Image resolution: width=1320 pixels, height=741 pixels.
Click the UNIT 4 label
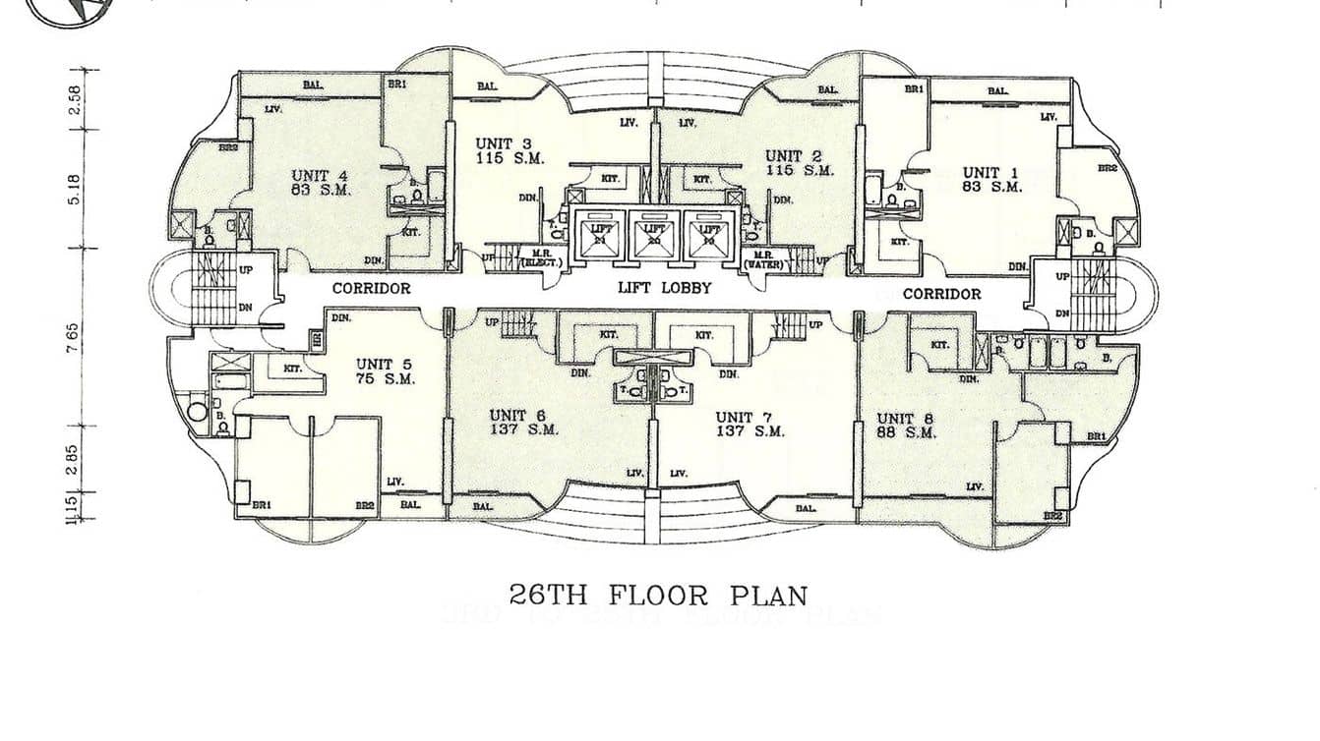pyautogui.click(x=321, y=176)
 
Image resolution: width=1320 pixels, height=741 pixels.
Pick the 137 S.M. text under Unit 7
pyautogui.click(x=750, y=431)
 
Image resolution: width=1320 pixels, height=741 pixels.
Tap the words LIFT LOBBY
pyautogui.click(x=663, y=289)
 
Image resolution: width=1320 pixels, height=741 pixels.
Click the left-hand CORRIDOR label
pyautogui.click(x=371, y=289)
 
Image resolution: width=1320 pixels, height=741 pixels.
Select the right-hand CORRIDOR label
pyautogui.click(x=941, y=294)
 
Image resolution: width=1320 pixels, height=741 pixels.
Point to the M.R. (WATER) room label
pyautogui.click(x=767, y=259)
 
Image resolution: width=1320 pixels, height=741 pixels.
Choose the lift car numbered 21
pyautogui.click(x=599, y=234)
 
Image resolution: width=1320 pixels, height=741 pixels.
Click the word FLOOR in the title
pyautogui.click(x=659, y=596)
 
